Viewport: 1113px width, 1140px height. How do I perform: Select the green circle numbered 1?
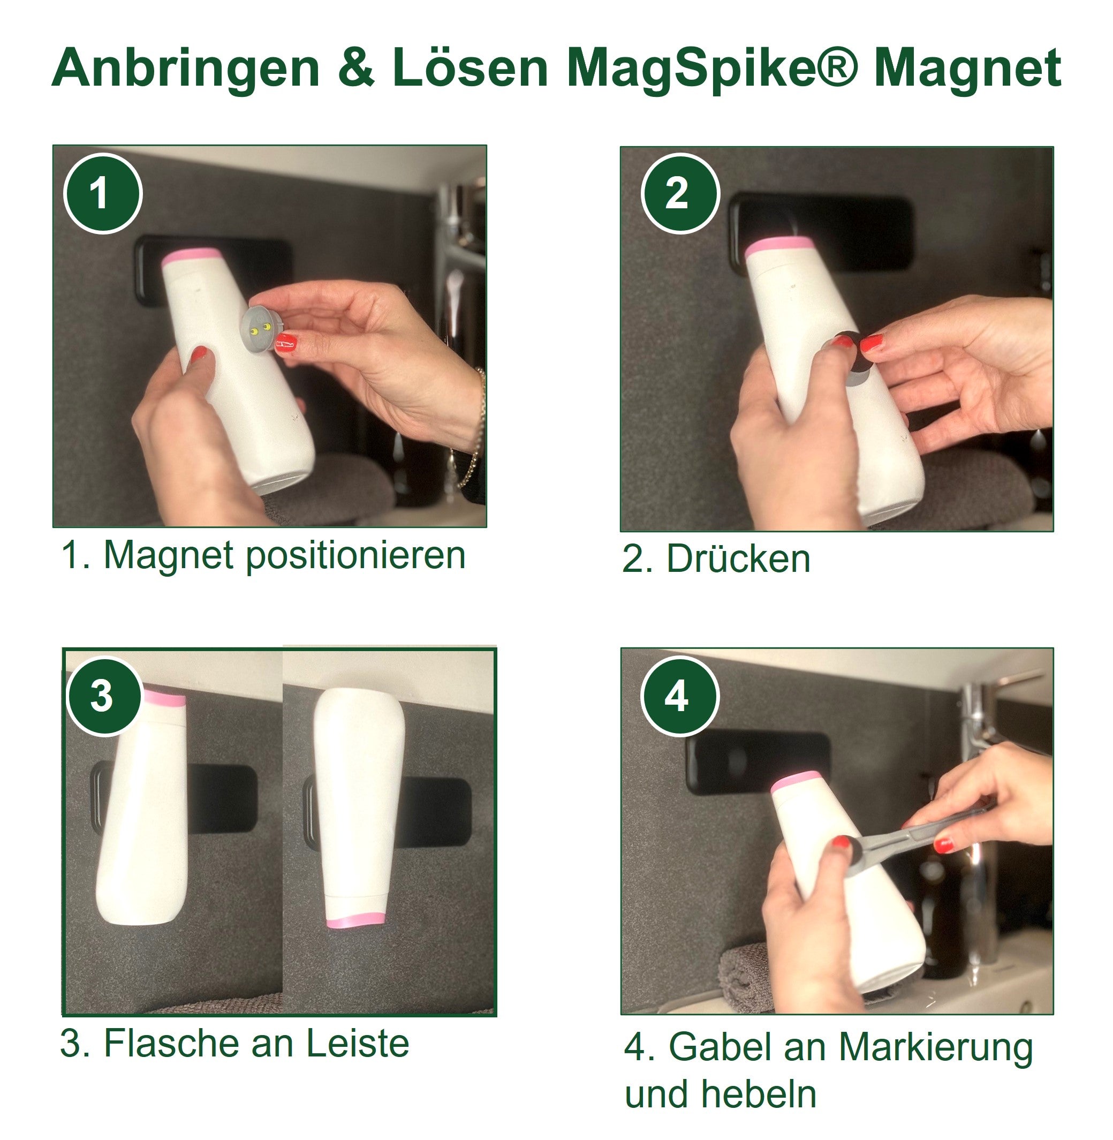pyautogui.click(x=102, y=193)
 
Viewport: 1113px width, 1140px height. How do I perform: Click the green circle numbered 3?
pyautogui.click(x=104, y=696)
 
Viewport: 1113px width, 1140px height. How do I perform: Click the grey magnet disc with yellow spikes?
pyautogui.click(x=261, y=329)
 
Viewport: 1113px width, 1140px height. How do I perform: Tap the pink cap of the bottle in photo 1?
pyautogui.click(x=192, y=256)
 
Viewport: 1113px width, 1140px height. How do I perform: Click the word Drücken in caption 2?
pyautogui.click(x=738, y=560)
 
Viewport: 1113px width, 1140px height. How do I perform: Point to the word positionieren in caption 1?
pyautogui.click(x=355, y=555)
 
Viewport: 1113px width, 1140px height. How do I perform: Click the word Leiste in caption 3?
pyautogui.click(x=357, y=1044)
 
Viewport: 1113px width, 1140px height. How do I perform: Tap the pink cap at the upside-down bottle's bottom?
pyautogui.click(x=355, y=922)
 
